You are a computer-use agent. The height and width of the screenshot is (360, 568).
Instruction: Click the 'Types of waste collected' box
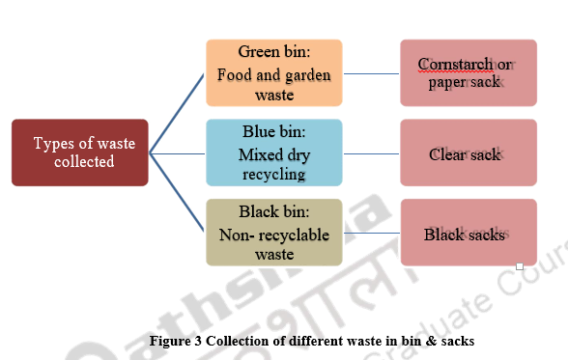coord(80,152)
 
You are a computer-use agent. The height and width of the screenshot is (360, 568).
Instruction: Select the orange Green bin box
coord(274,72)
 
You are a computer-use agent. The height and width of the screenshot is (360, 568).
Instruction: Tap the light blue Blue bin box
coord(274,152)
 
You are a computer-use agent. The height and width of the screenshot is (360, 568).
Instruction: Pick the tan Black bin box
coord(274,233)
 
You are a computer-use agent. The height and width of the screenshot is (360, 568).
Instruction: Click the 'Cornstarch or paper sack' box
coord(468,72)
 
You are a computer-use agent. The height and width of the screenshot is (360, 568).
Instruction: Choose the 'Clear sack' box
coord(468,152)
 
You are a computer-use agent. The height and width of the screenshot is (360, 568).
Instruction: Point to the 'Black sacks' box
coord(468,233)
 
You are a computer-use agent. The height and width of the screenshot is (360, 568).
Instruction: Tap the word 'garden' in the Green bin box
coord(300,75)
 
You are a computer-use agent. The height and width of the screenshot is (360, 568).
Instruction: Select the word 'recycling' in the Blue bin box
coord(274,174)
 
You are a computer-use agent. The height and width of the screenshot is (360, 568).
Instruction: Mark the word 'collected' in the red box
coord(85,162)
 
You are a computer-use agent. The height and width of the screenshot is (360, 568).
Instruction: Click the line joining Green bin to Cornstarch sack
coord(371,72)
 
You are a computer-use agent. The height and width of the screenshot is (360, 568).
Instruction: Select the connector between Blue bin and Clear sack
coord(371,152)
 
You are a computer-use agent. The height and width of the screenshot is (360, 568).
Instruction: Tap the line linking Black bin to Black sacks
coord(371,233)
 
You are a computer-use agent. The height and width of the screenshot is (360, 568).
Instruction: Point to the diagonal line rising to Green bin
coord(178,112)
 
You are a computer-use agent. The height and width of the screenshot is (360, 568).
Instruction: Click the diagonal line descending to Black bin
coord(178,193)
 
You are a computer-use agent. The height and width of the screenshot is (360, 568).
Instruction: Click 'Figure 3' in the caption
coord(177,340)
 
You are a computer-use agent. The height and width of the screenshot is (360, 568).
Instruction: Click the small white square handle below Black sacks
coord(519,265)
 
